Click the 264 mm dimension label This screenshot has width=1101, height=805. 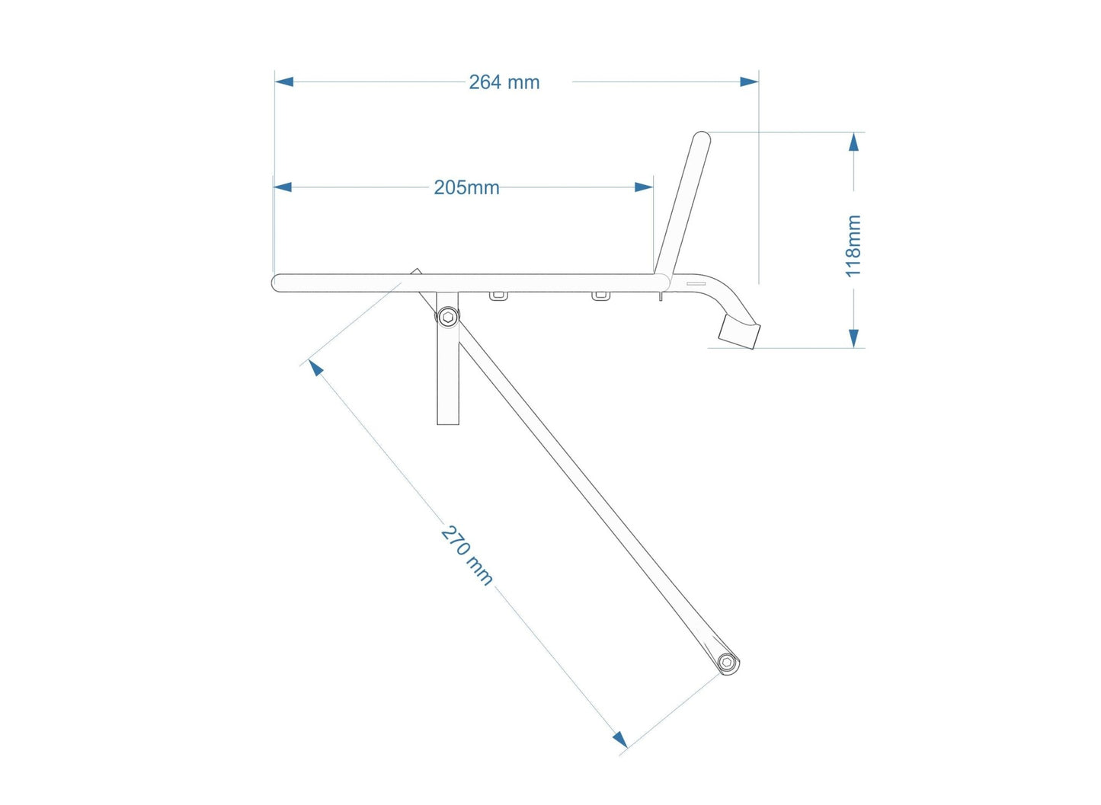(x=504, y=82)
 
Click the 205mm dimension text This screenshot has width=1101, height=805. (x=466, y=187)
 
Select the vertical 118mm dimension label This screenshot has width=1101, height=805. (x=853, y=246)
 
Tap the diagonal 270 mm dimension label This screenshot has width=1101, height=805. (x=467, y=555)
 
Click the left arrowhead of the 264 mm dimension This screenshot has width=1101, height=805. (x=284, y=81)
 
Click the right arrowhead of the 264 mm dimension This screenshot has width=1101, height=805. (x=749, y=81)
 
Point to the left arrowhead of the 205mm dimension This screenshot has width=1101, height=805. (x=283, y=187)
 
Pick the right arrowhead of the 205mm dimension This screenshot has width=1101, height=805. (x=644, y=187)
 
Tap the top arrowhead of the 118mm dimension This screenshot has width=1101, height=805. (x=854, y=142)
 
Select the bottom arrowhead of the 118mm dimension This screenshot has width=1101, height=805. (x=854, y=338)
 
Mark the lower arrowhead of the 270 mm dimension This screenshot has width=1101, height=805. (x=619, y=739)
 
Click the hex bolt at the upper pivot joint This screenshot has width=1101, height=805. (x=448, y=316)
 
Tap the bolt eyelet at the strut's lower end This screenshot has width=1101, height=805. (x=727, y=662)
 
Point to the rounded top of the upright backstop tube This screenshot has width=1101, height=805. (x=701, y=138)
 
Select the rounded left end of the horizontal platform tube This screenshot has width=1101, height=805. (x=277, y=283)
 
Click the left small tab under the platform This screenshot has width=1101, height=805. (x=499, y=295)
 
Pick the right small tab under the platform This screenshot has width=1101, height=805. (x=600, y=295)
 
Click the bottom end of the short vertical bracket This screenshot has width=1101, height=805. (x=448, y=421)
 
